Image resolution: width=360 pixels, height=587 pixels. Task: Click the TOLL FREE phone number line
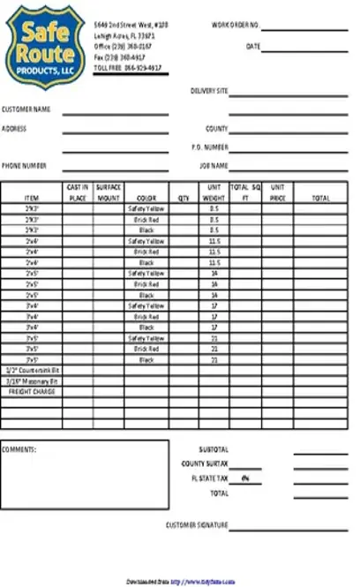pyautogui.click(x=127, y=65)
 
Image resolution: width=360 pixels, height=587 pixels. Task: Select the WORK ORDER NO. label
pyautogui.click(x=235, y=26)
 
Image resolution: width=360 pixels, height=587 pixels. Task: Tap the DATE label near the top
pyautogui.click(x=252, y=46)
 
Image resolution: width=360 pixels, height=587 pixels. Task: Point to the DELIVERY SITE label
pyautogui.click(x=209, y=91)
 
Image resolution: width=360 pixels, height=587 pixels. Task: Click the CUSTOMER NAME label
pyautogui.click(x=26, y=109)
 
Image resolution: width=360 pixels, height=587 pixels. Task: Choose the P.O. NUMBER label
pyautogui.click(x=210, y=147)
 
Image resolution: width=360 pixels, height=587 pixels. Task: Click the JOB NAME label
pyautogui.click(x=214, y=165)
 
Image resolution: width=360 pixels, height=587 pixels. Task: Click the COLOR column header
pyautogui.click(x=146, y=199)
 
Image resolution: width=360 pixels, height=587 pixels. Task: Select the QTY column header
pyautogui.click(x=184, y=199)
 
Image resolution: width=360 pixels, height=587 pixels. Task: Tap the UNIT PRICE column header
pyautogui.click(x=277, y=193)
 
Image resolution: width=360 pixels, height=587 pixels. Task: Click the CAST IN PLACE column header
pyautogui.click(x=78, y=193)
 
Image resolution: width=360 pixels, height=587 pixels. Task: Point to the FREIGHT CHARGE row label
pyautogui.click(x=31, y=391)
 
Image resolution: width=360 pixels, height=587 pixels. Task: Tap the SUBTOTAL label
pyautogui.click(x=214, y=449)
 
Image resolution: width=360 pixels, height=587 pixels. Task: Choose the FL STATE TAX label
pyautogui.click(x=210, y=478)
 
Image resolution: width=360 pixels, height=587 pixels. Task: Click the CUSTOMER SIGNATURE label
pyautogui.click(x=197, y=525)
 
